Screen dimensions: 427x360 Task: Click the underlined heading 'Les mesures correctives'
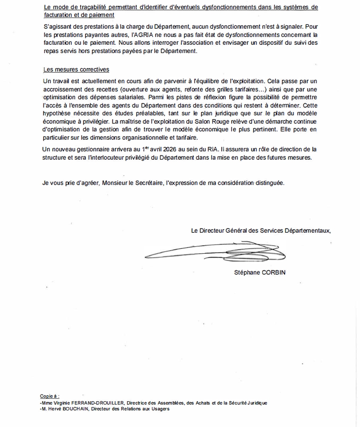[x=76, y=70]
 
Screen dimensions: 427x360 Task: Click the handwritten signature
[x=214, y=252]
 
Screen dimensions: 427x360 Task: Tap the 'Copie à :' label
[x=50, y=396]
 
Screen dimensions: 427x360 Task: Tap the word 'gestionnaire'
[x=93, y=149]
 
